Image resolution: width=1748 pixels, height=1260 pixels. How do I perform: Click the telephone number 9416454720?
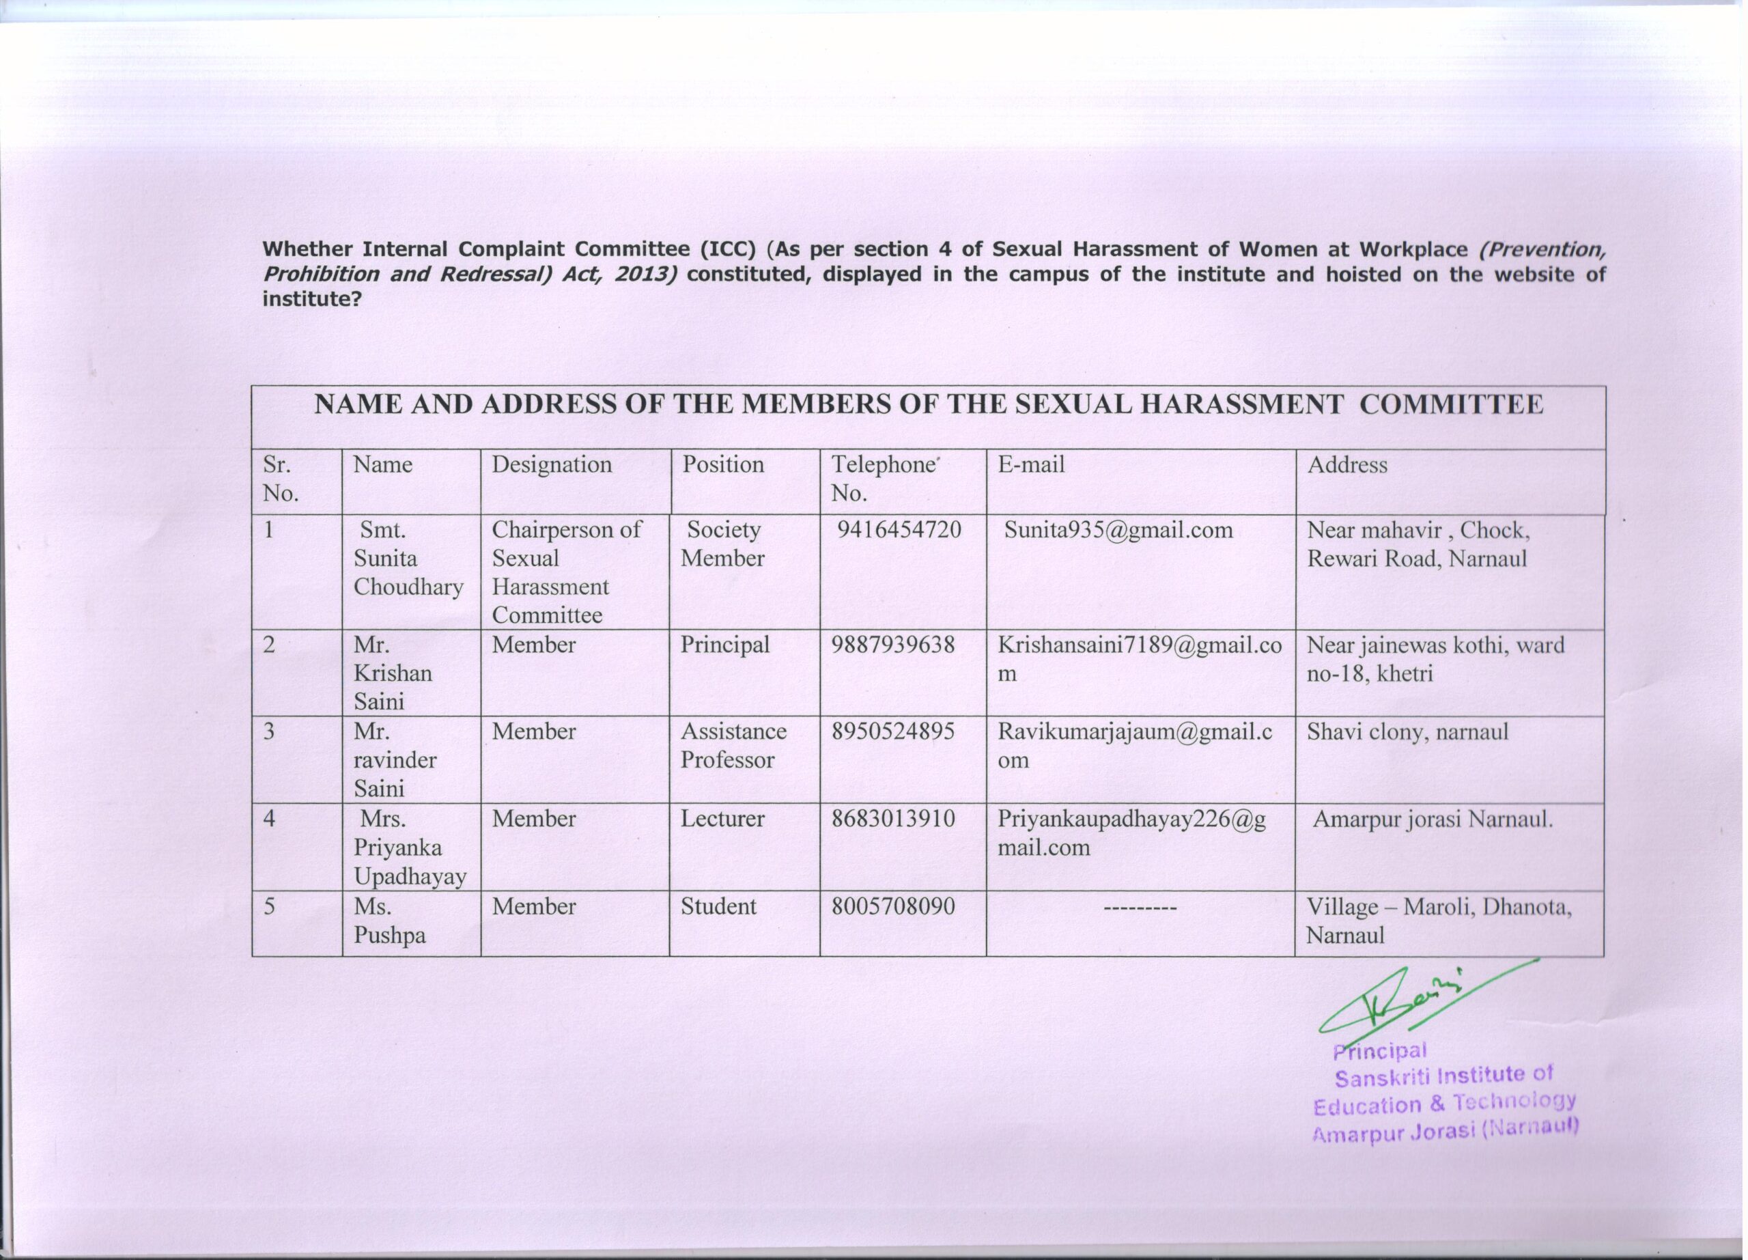pos(899,530)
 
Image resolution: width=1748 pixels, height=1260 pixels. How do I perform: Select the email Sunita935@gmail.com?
pos(1118,530)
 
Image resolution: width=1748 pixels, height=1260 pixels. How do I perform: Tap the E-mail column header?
pos(1030,464)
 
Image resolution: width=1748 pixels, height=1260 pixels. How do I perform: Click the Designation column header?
pos(551,464)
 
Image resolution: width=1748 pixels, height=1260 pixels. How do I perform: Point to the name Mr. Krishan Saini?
pos(393,673)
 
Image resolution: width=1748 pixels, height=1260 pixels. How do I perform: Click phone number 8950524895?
pos(892,731)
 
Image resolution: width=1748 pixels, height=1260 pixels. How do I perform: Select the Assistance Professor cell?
pos(733,745)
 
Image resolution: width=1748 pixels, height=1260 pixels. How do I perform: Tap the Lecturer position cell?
pos(722,818)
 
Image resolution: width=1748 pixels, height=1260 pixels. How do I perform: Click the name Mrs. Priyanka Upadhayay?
pos(409,848)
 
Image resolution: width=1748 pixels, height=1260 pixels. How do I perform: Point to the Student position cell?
pos(718,906)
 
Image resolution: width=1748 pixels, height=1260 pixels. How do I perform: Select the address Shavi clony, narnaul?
pos(1407,731)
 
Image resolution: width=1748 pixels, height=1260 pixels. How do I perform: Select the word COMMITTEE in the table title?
pos(1451,404)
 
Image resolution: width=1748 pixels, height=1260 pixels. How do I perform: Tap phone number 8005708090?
pos(892,906)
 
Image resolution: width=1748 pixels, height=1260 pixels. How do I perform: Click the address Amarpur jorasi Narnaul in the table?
pos(1432,818)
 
